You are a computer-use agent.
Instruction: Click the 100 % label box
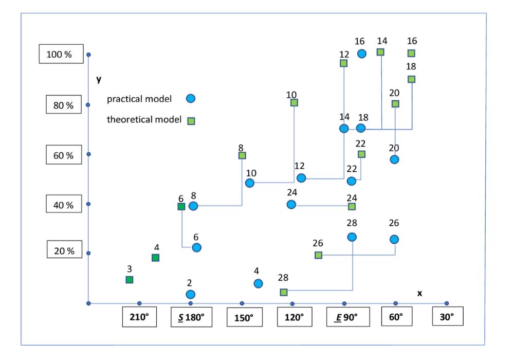[x=61, y=54]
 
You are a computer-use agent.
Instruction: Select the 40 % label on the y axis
[x=67, y=205]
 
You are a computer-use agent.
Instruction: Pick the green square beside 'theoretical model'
[x=191, y=121]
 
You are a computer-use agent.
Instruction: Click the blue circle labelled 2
[x=191, y=294]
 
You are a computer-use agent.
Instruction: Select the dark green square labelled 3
[x=130, y=279]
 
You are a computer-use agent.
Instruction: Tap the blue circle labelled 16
[x=362, y=53]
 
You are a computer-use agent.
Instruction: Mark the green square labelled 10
[x=294, y=103]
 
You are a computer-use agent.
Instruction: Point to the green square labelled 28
[x=284, y=292]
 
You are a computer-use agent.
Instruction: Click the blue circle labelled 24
[x=291, y=205]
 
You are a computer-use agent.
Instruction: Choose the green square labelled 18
[x=411, y=79]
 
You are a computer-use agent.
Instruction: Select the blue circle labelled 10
[x=250, y=183]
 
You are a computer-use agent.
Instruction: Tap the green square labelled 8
[x=242, y=155]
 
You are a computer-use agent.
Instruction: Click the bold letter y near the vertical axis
[x=99, y=79]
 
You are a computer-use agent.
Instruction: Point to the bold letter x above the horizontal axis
[x=419, y=293]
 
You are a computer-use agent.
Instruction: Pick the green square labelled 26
[x=318, y=255]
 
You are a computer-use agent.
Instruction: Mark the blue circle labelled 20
[x=394, y=159]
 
